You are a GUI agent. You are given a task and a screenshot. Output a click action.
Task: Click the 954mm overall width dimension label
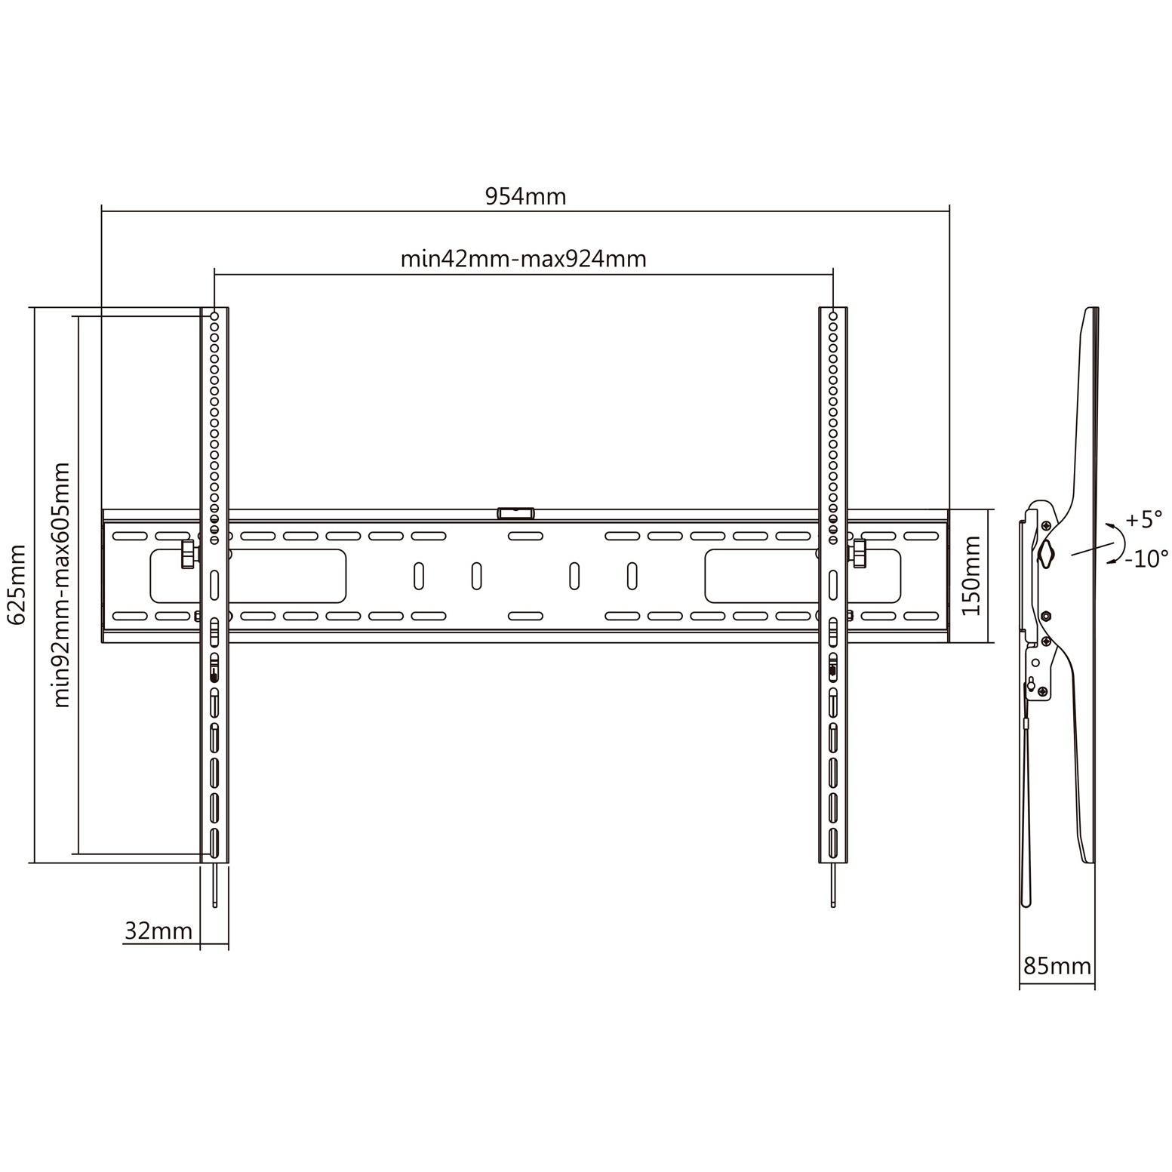pos(524,196)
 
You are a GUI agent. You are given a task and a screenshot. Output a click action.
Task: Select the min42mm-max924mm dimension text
pos(523,259)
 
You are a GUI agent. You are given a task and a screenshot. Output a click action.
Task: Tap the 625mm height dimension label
pos(17,584)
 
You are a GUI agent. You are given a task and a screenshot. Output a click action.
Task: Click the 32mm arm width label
pos(158,931)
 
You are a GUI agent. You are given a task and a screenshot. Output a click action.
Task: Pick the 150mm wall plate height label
pos(972,576)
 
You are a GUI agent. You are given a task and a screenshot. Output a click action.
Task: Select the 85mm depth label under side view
pos(1057,965)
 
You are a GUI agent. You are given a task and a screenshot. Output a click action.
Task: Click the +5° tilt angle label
pos(1144,519)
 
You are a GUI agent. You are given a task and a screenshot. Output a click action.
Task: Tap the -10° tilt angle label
pos(1146,558)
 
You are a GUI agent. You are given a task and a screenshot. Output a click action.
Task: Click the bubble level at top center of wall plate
pos(515,513)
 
